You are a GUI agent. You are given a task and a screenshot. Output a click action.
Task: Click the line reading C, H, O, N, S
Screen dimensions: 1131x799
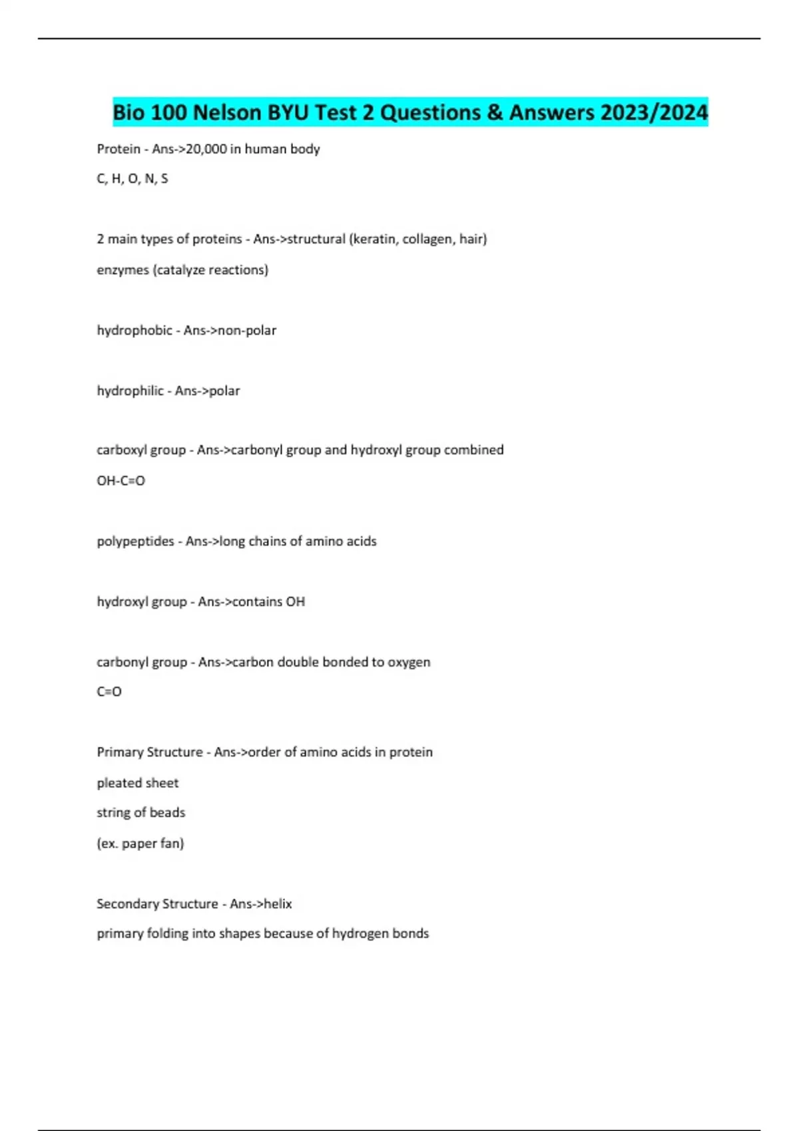pyautogui.click(x=133, y=178)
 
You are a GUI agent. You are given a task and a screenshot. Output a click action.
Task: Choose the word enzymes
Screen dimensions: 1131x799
pyautogui.click(x=123, y=269)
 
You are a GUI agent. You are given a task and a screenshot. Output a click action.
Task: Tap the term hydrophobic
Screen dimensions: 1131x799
pyautogui.click(x=134, y=330)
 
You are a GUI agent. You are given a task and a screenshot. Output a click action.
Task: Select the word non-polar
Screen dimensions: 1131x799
pyautogui.click(x=247, y=330)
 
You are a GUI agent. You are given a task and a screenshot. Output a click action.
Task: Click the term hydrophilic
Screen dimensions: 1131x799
pyautogui.click(x=130, y=391)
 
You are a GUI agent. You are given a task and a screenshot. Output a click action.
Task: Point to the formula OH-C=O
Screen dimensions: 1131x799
pyautogui.click(x=121, y=480)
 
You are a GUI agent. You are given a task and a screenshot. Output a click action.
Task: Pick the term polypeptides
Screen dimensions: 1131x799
pyautogui.click(x=135, y=541)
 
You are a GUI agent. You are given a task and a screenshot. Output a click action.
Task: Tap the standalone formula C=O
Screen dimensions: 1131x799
pyautogui.click(x=109, y=691)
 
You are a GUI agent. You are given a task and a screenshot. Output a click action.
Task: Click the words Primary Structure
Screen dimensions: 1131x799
pyautogui.click(x=150, y=752)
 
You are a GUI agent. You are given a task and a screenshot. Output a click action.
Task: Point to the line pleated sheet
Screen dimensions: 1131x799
pyautogui.click(x=138, y=783)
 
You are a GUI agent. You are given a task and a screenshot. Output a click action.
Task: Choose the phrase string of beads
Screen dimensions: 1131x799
pyautogui.click(x=141, y=812)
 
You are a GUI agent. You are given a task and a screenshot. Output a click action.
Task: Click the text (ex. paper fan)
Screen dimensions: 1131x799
pyautogui.click(x=140, y=843)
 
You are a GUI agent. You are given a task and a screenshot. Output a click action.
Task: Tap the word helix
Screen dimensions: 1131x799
pyautogui.click(x=278, y=903)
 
